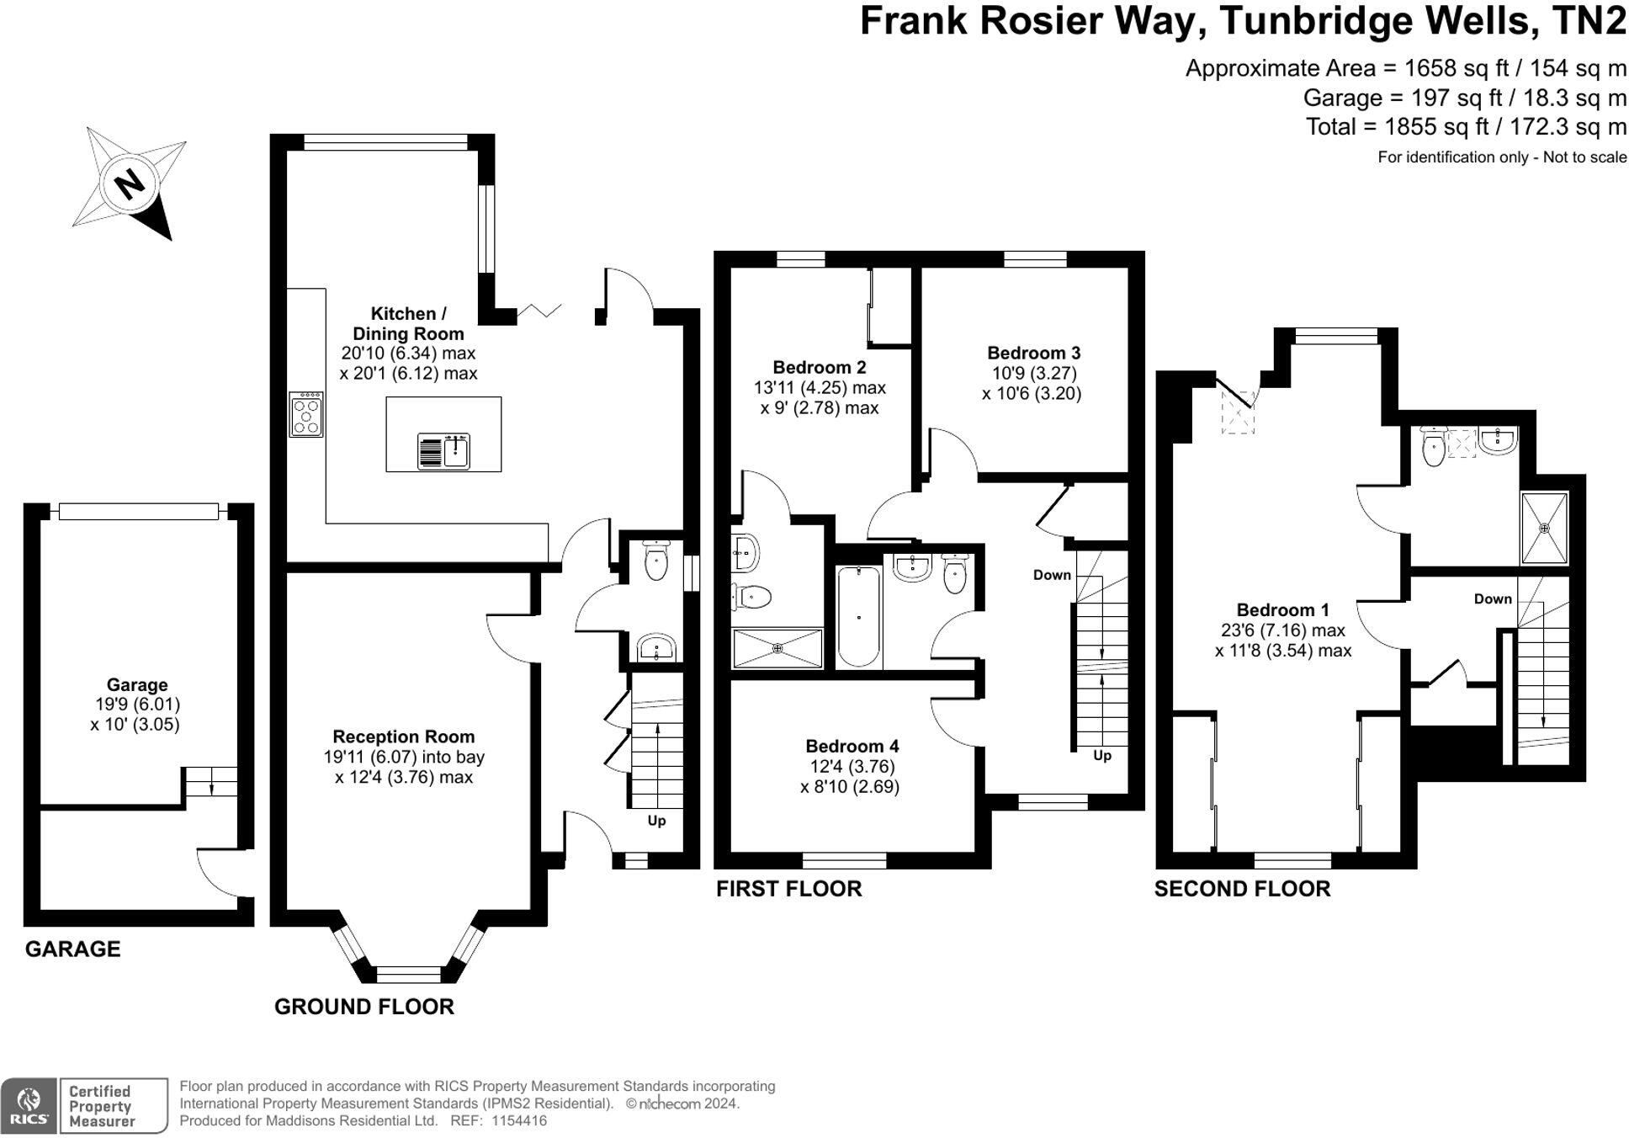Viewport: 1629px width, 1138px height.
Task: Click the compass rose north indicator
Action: pyautogui.click(x=130, y=183)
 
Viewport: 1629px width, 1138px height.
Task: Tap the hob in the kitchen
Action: pyautogui.click(x=305, y=415)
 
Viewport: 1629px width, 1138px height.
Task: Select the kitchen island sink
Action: pyautogui.click(x=443, y=451)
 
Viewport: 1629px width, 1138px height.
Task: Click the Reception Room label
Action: pyautogui.click(x=404, y=737)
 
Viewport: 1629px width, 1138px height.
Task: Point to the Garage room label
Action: pyautogui.click(x=136, y=685)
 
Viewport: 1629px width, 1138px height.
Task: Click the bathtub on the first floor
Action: pyautogui.click(x=858, y=616)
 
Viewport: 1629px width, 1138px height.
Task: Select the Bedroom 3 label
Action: pyautogui.click(x=1033, y=354)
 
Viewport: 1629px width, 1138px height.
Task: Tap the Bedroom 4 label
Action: pyautogui.click(x=852, y=747)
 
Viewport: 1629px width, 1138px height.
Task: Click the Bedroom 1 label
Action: pyautogui.click(x=1282, y=610)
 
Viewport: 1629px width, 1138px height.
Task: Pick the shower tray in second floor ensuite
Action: pyautogui.click(x=1544, y=528)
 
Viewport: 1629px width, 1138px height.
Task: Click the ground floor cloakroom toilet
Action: pyautogui.click(x=656, y=560)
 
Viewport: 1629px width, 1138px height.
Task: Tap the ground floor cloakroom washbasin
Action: pyautogui.click(x=656, y=647)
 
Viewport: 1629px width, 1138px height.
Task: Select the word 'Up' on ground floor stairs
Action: pyautogui.click(x=656, y=821)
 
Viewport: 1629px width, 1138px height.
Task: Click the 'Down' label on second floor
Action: pyautogui.click(x=1493, y=599)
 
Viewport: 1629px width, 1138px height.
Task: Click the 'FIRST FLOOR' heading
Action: pyautogui.click(x=788, y=889)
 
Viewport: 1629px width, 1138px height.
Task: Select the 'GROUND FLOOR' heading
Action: pyautogui.click(x=363, y=1007)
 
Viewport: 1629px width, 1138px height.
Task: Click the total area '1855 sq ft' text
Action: pyautogui.click(x=1442, y=127)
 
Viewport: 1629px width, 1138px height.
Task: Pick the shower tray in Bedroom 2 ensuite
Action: pyautogui.click(x=777, y=648)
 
